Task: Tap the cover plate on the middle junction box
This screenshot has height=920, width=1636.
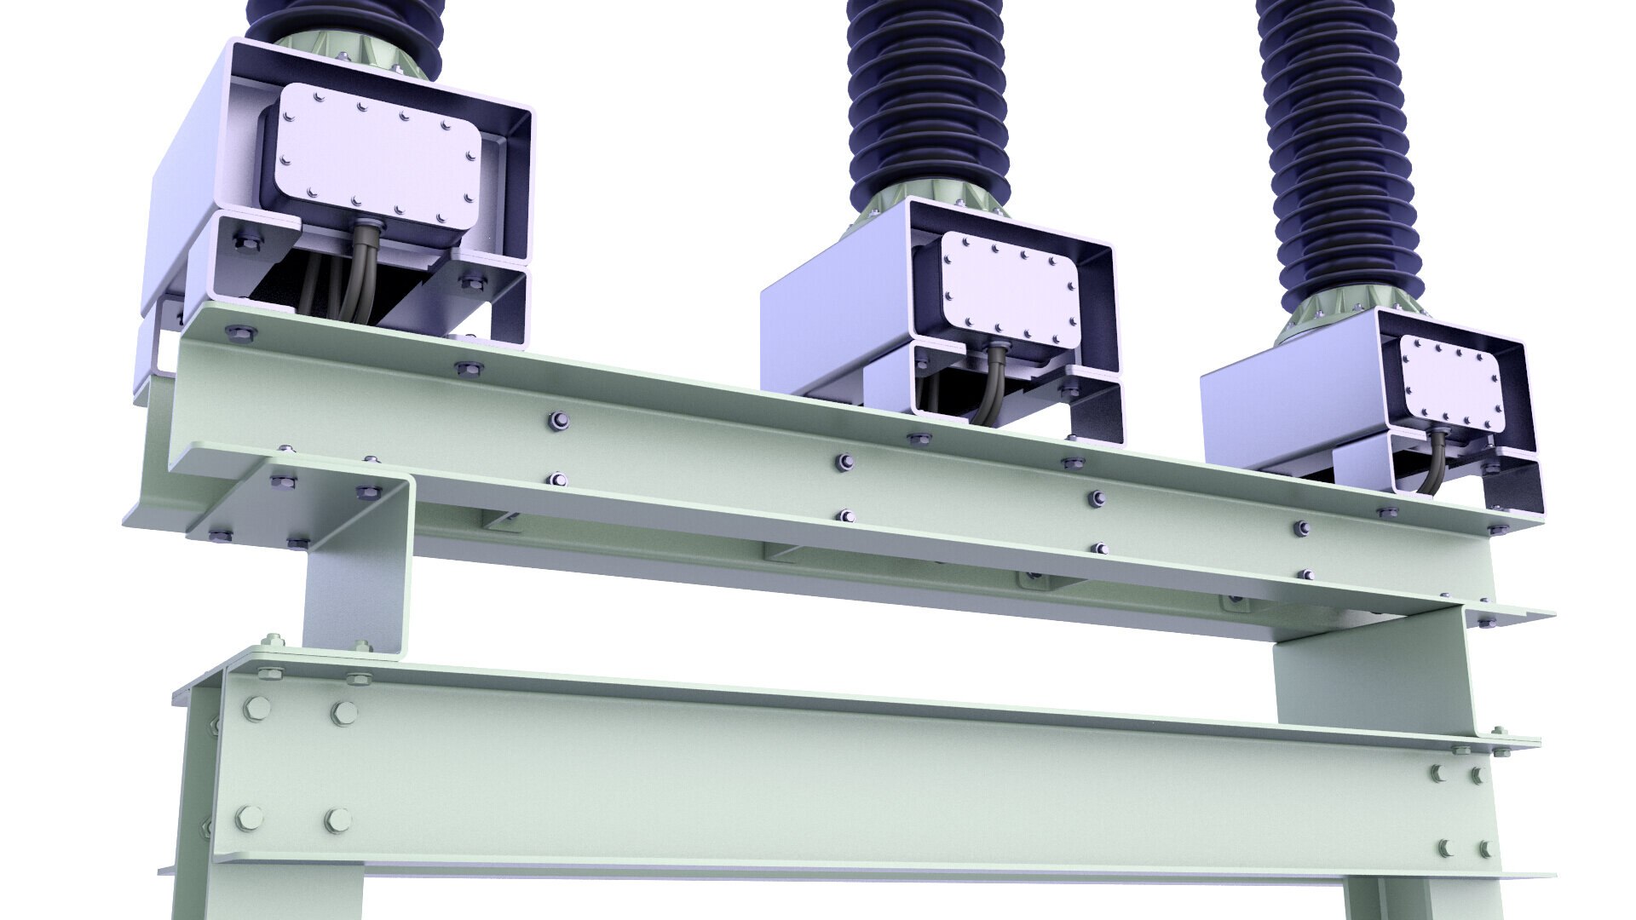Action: [x=1011, y=290]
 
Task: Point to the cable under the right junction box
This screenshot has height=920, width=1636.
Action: [x=1434, y=464]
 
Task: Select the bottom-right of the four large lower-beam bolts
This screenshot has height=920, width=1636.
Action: [x=337, y=821]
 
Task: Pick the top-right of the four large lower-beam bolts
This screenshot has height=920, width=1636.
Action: [x=343, y=712]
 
